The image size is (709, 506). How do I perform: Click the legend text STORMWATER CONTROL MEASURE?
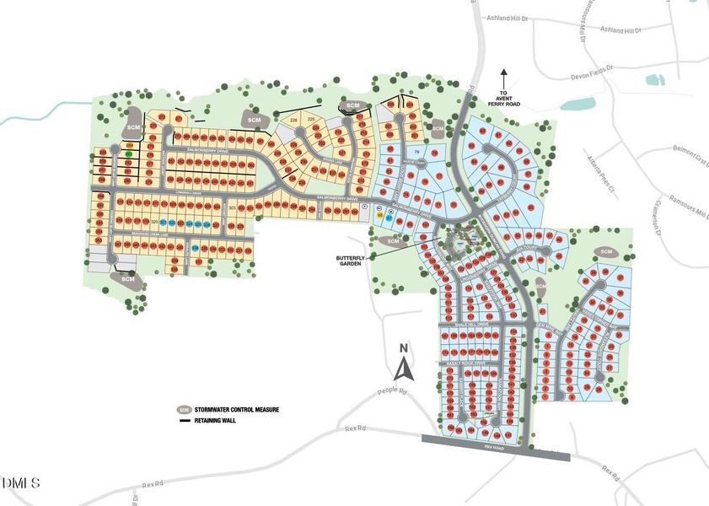237,410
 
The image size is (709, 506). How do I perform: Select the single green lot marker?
128,154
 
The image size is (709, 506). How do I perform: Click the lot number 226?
294,121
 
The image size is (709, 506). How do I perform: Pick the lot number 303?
232,207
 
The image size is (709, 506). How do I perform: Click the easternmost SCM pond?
605,252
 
